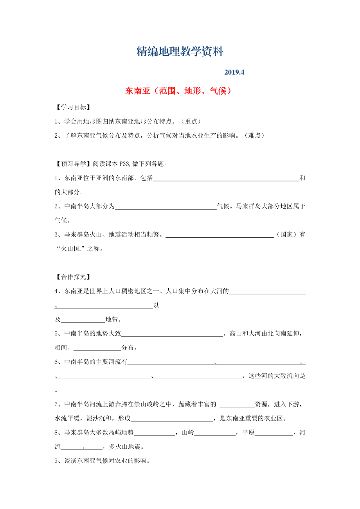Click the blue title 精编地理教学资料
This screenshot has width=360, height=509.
click(180, 52)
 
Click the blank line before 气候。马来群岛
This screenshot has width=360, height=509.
click(166, 206)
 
